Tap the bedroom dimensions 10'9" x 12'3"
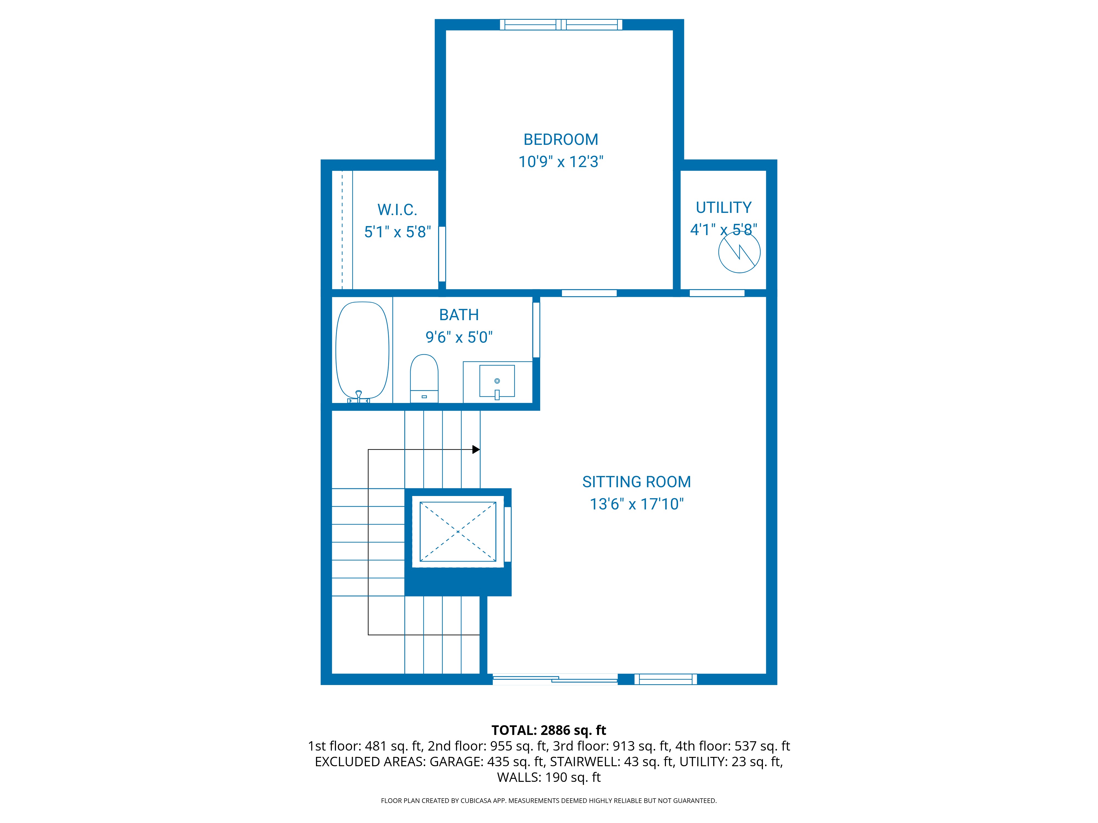561,162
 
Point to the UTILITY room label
723,207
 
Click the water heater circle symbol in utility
739,252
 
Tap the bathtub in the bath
362,350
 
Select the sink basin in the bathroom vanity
497,381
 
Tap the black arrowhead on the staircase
476,449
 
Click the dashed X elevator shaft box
458,532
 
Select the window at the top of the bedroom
561,24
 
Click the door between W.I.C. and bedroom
442,254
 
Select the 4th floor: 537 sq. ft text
732,746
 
